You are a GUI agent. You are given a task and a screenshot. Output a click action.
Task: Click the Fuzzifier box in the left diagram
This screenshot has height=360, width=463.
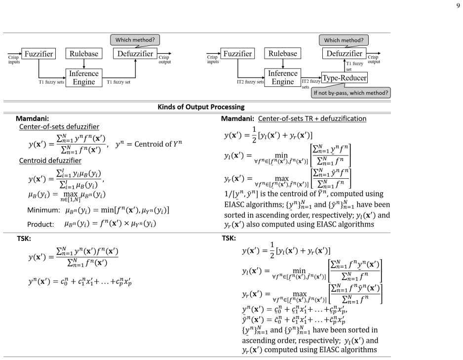39,54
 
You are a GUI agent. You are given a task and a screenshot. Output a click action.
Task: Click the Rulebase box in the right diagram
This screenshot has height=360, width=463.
282,53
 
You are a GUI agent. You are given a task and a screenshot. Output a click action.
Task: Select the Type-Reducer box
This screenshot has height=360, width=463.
345,78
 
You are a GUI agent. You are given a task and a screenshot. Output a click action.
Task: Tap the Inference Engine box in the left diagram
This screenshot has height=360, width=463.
84,78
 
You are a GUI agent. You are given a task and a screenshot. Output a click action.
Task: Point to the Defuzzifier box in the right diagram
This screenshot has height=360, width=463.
345,53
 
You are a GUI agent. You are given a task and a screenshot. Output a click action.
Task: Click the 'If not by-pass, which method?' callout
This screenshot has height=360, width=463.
351,93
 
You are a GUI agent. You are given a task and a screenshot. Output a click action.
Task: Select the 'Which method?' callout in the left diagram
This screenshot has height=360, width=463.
135,40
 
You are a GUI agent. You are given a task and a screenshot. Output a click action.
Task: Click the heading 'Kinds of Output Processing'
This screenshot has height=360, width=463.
201,107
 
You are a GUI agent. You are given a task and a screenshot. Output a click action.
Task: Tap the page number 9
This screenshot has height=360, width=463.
458,5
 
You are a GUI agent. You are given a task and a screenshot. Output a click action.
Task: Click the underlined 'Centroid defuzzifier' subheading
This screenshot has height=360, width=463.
50,160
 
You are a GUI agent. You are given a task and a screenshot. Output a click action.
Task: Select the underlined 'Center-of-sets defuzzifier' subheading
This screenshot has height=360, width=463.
59,127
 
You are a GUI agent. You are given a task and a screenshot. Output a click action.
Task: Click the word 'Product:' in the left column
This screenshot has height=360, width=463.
40,224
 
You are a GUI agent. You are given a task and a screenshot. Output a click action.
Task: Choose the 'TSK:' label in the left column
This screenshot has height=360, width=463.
24,239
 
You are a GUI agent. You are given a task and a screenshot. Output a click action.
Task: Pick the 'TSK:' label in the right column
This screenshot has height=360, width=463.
229,238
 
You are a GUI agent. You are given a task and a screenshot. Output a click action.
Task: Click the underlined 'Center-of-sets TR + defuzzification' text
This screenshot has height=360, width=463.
312,119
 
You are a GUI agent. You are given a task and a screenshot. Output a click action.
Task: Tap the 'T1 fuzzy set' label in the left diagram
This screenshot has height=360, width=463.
118,82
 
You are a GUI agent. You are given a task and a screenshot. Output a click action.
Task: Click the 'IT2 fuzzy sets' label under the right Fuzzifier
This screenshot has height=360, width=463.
250,82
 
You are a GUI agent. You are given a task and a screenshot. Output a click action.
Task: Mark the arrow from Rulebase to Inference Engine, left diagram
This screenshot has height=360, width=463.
84,64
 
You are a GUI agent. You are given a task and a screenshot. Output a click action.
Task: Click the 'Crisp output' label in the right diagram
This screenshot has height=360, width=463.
374,59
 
